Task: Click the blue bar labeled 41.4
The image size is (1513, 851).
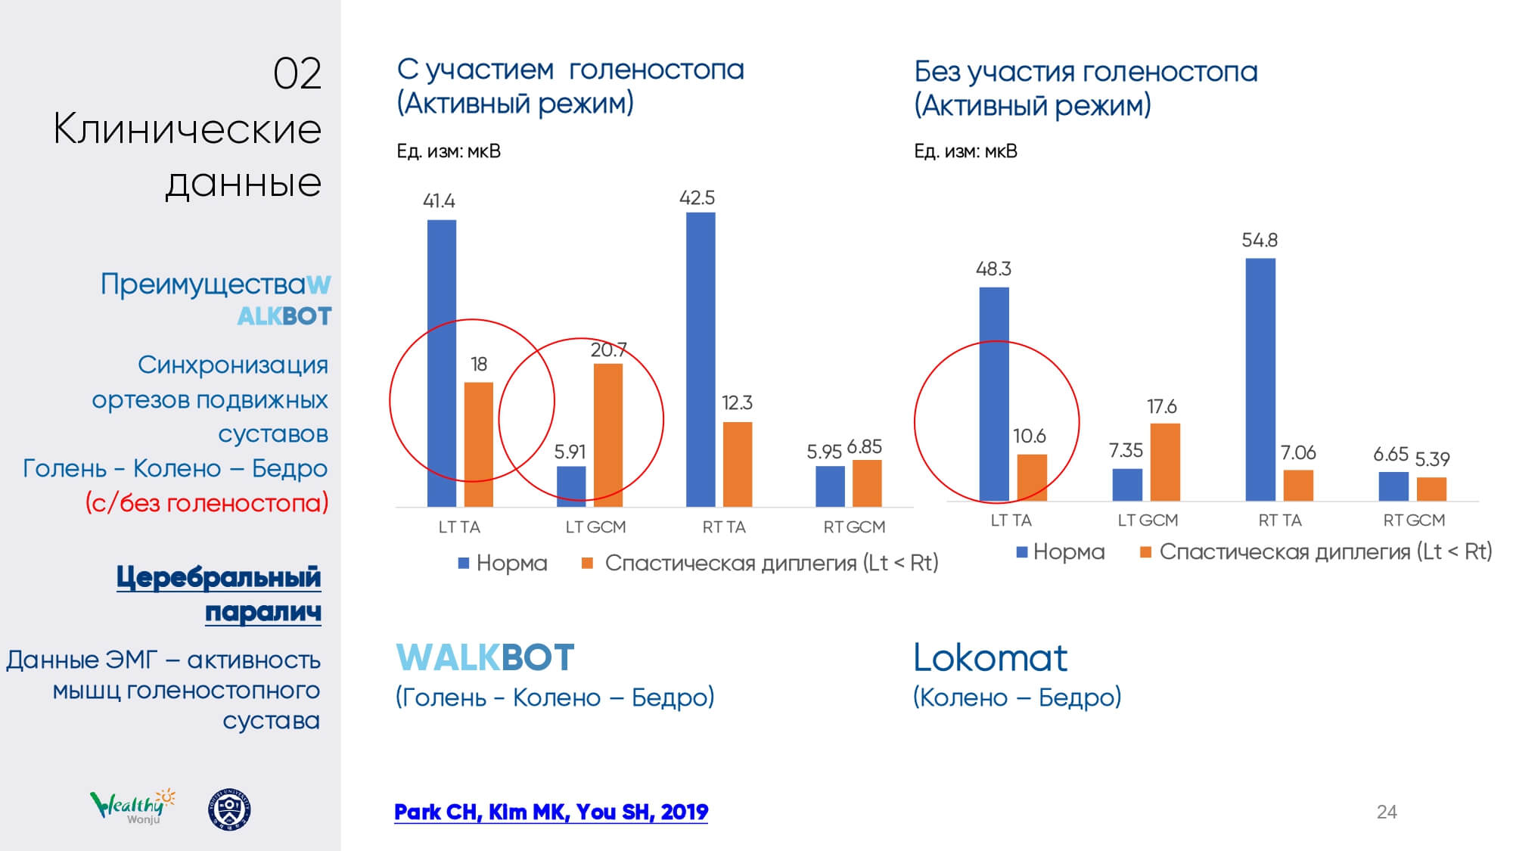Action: pos(442,363)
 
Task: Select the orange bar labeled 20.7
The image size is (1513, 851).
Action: pos(608,435)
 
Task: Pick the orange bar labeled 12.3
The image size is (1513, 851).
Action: pos(738,464)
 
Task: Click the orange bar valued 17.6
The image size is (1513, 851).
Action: pos(1165,462)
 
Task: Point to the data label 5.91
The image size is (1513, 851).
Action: pos(570,452)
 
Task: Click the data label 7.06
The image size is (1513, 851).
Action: pos(1298,452)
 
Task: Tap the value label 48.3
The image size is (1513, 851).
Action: pos(993,269)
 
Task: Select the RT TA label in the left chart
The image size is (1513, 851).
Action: pos(724,527)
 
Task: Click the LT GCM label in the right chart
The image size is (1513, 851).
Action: pos(1148,520)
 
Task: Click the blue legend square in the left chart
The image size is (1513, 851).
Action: pos(464,563)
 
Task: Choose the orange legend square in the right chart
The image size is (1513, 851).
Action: pos(1145,552)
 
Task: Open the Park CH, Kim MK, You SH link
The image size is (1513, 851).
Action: pos(551,812)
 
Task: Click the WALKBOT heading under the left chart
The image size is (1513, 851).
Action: pos(485,657)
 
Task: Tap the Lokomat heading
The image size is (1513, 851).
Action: pos(990,657)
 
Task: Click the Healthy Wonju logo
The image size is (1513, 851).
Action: pos(133,806)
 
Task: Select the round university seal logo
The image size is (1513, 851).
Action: pos(229,809)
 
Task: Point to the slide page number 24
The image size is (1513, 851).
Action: pos(1386,812)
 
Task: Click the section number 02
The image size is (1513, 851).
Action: pos(297,74)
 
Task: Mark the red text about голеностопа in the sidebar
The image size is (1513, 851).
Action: pos(207,502)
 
